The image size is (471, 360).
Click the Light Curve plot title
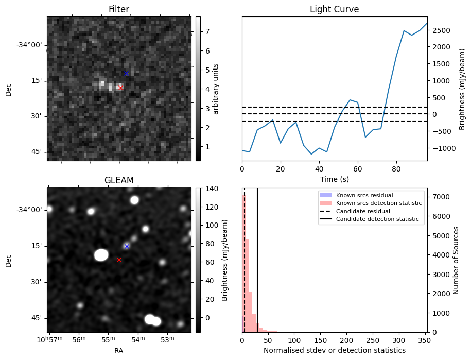334,9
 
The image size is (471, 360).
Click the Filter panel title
119,9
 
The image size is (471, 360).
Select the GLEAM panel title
119,180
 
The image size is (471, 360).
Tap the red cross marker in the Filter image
120,88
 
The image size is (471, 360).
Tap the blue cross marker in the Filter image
126,73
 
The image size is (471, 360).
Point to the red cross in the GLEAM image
119,260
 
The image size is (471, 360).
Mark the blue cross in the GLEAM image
127,246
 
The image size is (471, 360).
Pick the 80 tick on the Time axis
396,168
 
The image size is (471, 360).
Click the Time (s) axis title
334,179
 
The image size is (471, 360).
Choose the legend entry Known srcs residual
364,195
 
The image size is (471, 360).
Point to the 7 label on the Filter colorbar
207,31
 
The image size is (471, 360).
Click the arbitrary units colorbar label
216,89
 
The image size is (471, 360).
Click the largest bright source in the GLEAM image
101,255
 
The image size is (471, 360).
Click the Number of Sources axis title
456,260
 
